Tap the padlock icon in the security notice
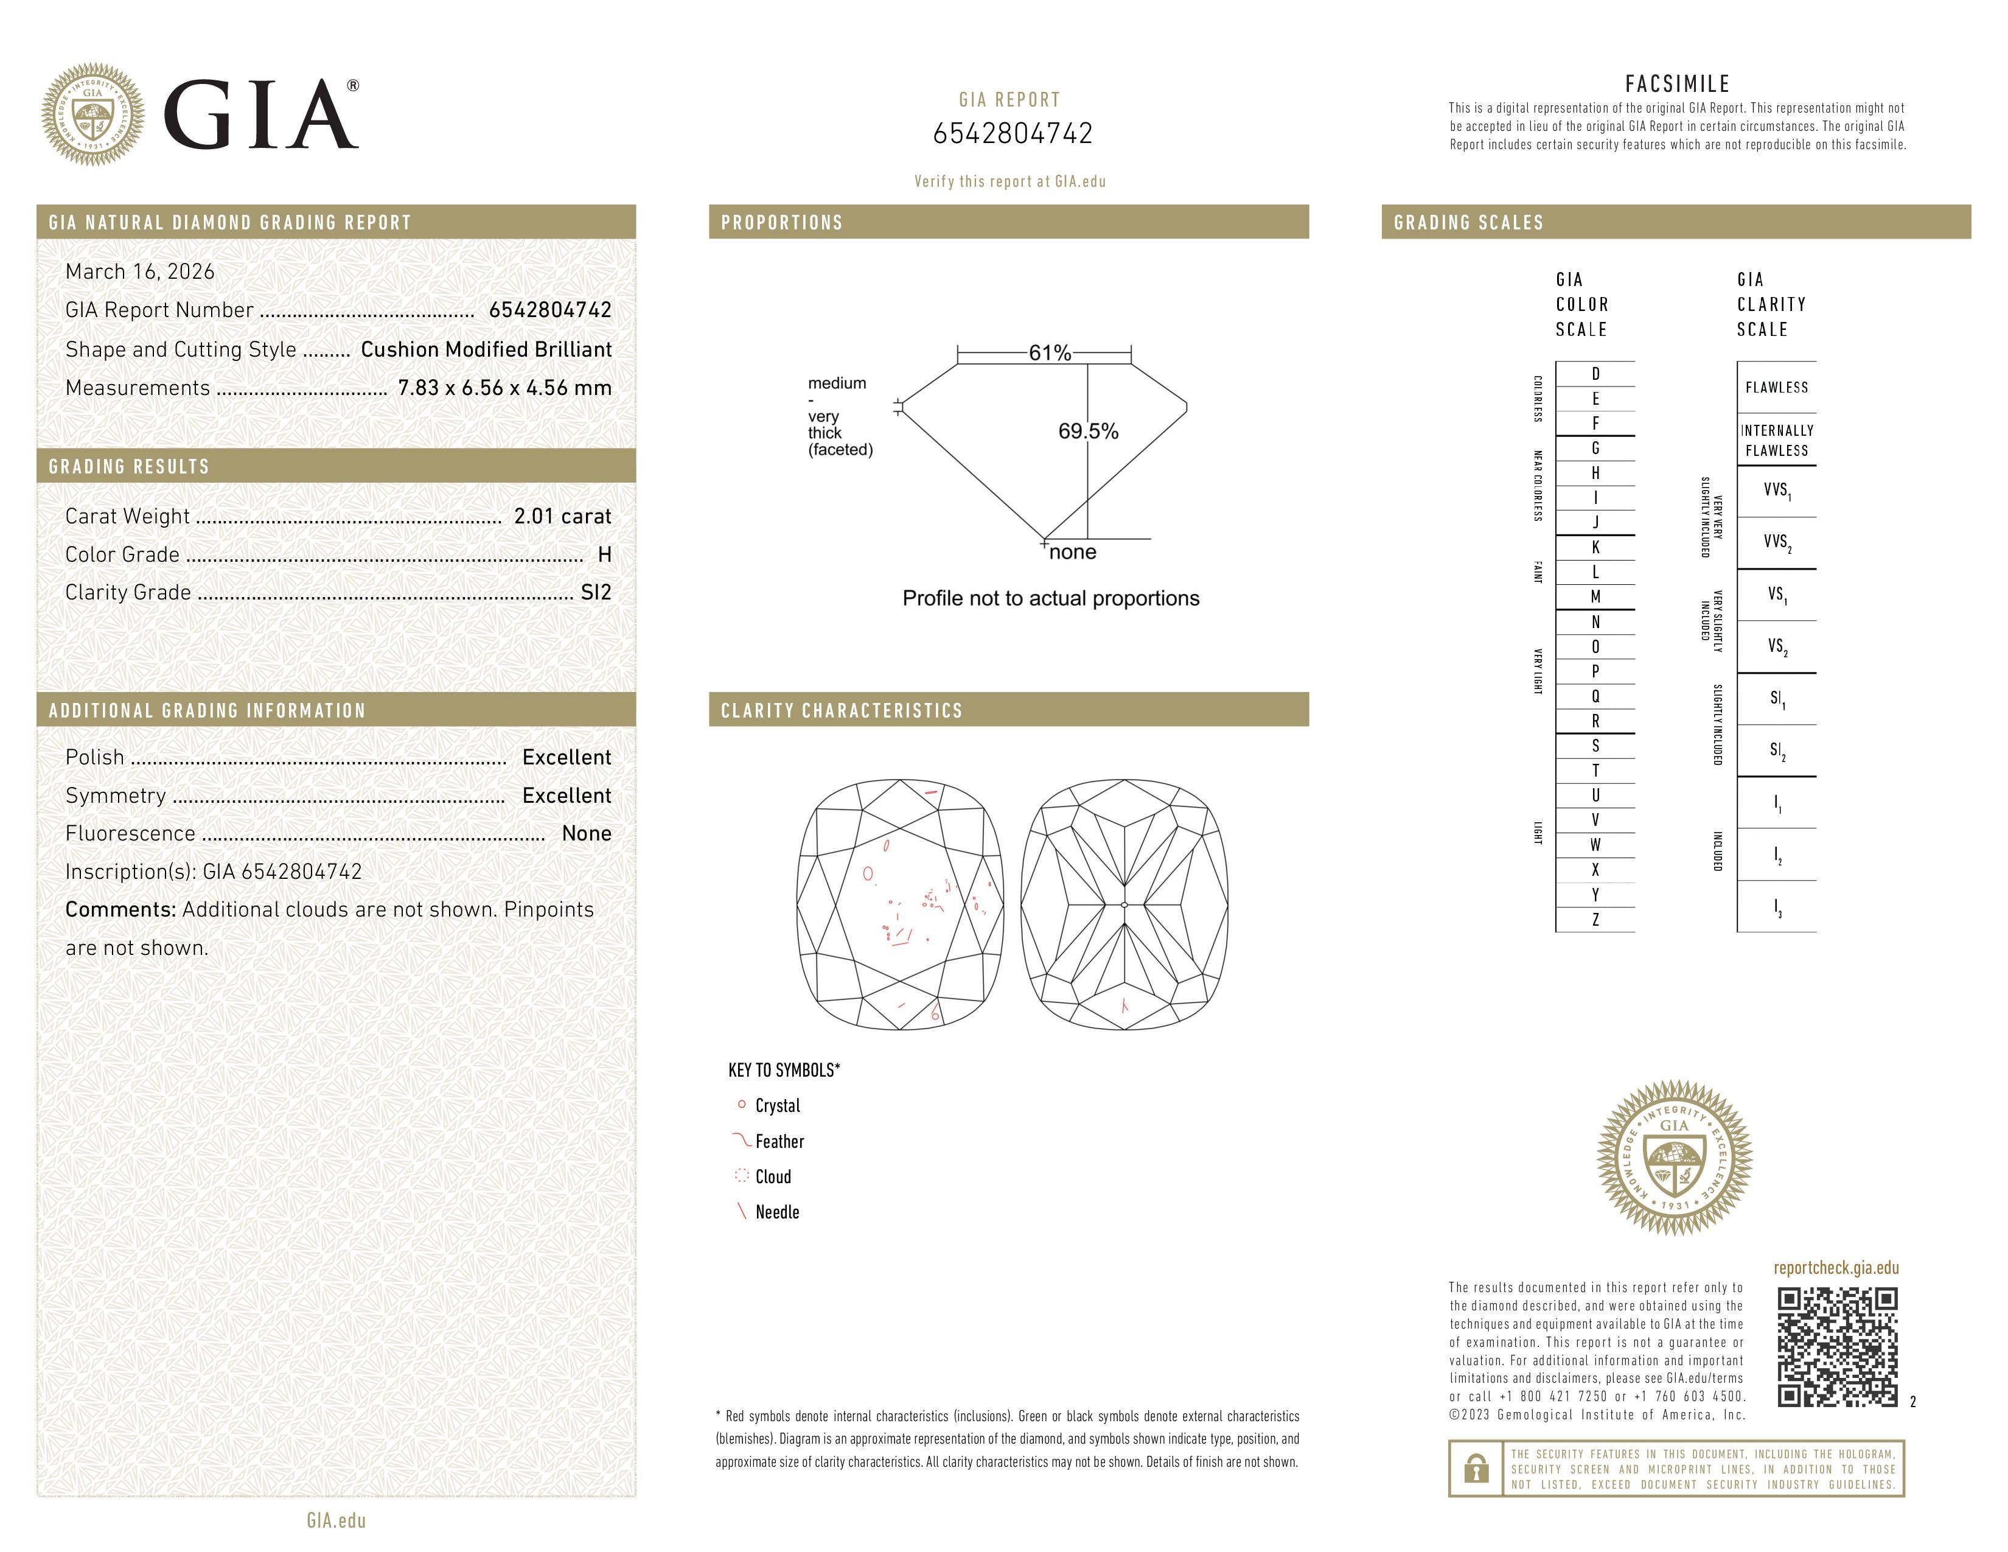[x=1476, y=1469]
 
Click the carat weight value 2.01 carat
[x=562, y=517]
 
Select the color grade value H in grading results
[x=604, y=554]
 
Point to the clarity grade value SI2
[x=595, y=593]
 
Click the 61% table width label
[x=1049, y=353]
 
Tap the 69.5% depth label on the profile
[x=1088, y=432]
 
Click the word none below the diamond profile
[x=1072, y=553]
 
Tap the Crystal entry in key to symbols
[x=777, y=1106]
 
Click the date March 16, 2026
[x=140, y=272]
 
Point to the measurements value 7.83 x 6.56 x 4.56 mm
[x=504, y=388]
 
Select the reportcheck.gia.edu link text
[x=1835, y=1268]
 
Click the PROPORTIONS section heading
[x=781, y=223]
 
